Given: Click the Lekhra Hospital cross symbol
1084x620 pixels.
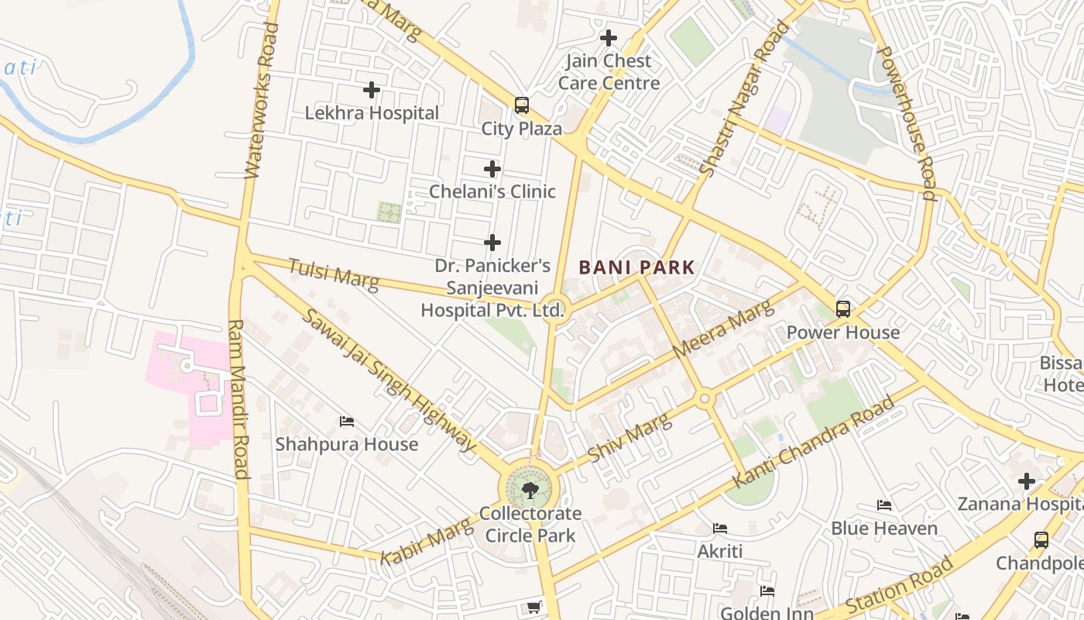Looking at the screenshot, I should point(372,91).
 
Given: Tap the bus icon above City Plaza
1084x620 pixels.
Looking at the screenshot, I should point(522,105).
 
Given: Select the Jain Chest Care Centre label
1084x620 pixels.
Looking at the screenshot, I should point(609,71).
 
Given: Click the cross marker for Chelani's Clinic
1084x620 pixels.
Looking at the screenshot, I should point(492,169).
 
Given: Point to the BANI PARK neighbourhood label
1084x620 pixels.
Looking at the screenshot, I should point(636,267).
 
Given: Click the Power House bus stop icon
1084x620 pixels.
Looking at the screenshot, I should point(843,309).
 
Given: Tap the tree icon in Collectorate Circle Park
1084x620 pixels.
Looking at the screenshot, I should point(530,489).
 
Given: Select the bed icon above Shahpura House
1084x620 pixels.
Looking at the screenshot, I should point(347,422).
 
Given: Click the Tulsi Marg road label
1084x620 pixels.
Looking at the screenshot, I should point(334,275).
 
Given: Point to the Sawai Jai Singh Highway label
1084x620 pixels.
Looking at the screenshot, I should point(387,380).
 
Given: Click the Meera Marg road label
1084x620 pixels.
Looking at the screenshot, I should point(723,329).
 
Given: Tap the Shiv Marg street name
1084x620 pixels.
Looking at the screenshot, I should point(629,437).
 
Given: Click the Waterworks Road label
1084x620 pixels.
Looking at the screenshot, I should point(260,101).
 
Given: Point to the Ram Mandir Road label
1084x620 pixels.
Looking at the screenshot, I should point(238,399).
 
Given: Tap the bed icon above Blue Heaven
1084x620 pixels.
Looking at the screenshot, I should point(884,505).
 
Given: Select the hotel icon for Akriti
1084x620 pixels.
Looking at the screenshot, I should point(720,529).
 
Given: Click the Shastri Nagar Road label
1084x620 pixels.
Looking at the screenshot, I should point(743,98).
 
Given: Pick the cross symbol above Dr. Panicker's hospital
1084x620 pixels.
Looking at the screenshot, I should point(492,243).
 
